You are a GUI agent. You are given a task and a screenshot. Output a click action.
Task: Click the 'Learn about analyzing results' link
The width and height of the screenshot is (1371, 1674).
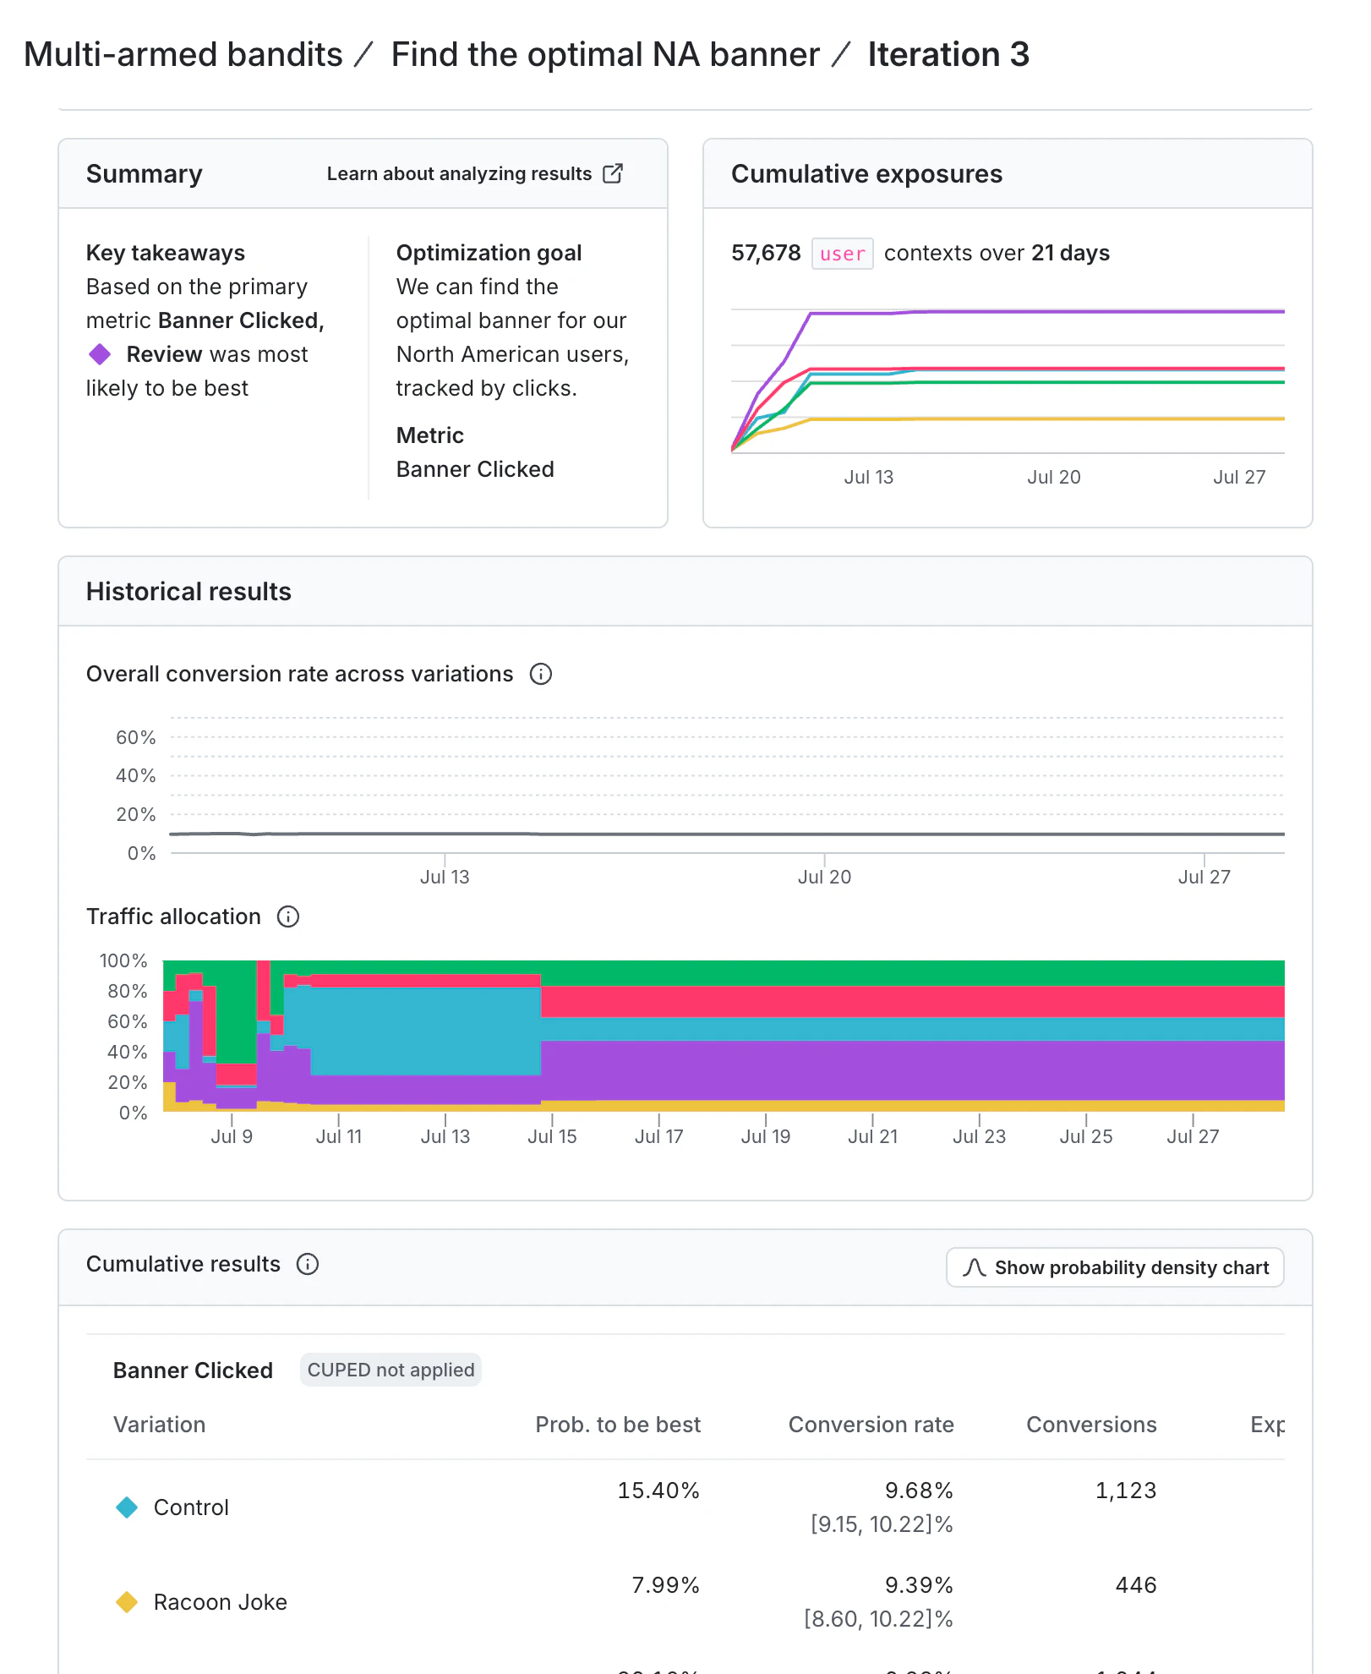(474, 173)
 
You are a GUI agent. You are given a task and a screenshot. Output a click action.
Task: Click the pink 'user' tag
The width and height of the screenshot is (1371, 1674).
(842, 254)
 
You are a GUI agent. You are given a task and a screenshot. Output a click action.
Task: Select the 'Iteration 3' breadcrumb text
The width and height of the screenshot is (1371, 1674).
(948, 55)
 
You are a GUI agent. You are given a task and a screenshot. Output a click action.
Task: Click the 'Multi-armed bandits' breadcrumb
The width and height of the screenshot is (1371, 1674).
(183, 55)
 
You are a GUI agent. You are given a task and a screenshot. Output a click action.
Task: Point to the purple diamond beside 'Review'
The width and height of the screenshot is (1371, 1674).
(100, 354)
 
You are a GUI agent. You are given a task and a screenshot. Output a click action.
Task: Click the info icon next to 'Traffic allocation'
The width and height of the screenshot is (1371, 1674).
(288, 916)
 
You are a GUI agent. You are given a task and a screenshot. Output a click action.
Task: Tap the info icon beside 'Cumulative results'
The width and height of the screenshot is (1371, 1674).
(308, 1264)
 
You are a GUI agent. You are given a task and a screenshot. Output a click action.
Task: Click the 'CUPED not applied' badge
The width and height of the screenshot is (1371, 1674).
(391, 1370)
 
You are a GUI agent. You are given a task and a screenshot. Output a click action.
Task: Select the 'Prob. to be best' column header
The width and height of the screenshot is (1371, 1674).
(617, 1425)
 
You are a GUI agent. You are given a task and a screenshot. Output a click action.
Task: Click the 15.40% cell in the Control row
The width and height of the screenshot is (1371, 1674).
(658, 1491)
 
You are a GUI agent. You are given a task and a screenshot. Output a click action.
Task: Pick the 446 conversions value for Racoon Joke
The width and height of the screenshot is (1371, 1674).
(1135, 1585)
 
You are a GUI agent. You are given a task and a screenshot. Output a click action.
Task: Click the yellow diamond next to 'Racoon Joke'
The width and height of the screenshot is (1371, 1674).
(127, 1602)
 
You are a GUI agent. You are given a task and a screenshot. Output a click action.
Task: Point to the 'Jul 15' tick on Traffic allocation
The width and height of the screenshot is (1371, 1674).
(552, 1136)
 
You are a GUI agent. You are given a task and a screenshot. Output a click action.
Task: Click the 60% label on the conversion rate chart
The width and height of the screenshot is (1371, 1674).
(136, 737)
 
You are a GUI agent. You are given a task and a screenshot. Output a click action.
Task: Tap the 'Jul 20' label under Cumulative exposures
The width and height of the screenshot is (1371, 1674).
(1053, 477)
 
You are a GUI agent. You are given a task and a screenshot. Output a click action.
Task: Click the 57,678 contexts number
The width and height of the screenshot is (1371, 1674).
(765, 253)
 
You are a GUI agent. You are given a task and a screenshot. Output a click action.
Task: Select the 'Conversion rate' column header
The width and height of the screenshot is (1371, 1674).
(871, 1425)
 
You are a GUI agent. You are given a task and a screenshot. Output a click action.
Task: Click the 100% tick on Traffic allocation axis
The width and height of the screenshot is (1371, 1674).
(123, 960)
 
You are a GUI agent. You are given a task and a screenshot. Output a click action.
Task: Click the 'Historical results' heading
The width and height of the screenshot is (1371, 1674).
(188, 591)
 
